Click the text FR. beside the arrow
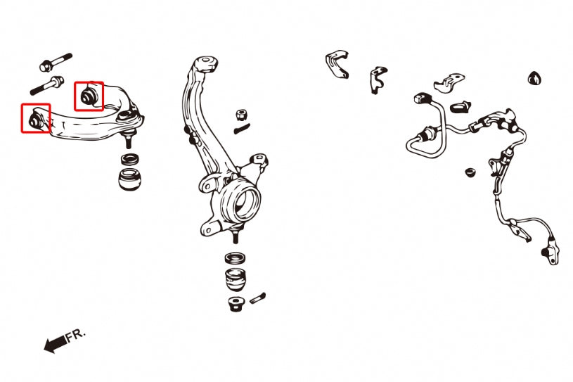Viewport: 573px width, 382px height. tap(76, 336)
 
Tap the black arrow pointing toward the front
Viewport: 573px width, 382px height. tap(56, 344)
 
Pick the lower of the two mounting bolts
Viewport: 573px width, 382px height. tap(47, 85)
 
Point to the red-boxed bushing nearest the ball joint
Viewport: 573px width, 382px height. tap(88, 96)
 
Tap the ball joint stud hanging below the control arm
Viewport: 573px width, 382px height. tap(128, 138)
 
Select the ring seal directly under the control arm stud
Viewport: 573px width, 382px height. tap(130, 160)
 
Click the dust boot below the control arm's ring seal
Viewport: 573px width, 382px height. tap(129, 179)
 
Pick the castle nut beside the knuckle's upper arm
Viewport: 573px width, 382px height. tap(240, 115)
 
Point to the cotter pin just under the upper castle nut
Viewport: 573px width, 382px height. tap(242, 129)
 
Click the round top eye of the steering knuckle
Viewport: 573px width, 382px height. tap(206, 61)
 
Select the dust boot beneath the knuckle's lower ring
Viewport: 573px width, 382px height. tap(236, 280)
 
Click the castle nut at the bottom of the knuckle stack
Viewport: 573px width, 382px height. tap(236, 304)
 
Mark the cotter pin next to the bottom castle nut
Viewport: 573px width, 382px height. tap(257, 298)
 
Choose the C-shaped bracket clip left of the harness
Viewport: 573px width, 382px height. tap(337, 64)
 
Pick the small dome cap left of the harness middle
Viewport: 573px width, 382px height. tap(470, 172)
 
